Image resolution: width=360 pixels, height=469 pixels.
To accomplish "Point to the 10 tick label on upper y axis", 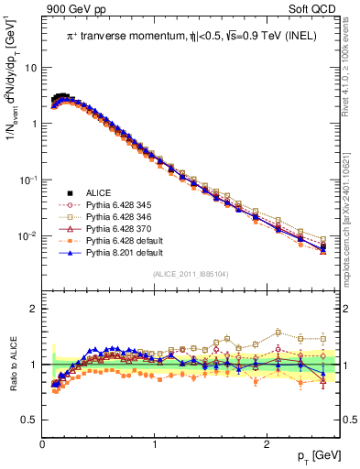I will tap(30, 68).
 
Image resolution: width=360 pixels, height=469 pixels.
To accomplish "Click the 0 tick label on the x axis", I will tap(42, 445).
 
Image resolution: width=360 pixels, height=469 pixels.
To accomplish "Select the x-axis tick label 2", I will tap(266, 445).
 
